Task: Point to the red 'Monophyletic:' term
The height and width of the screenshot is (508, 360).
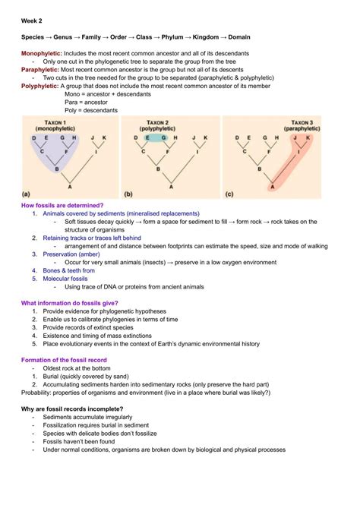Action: point(41,53)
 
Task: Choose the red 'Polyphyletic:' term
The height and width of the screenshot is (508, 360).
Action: point(39,86)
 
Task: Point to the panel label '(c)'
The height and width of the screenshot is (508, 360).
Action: point(230,194)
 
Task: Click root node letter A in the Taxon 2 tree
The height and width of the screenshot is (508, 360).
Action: point(172,186)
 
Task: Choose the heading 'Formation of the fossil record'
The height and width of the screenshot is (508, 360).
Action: point(64,359)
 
